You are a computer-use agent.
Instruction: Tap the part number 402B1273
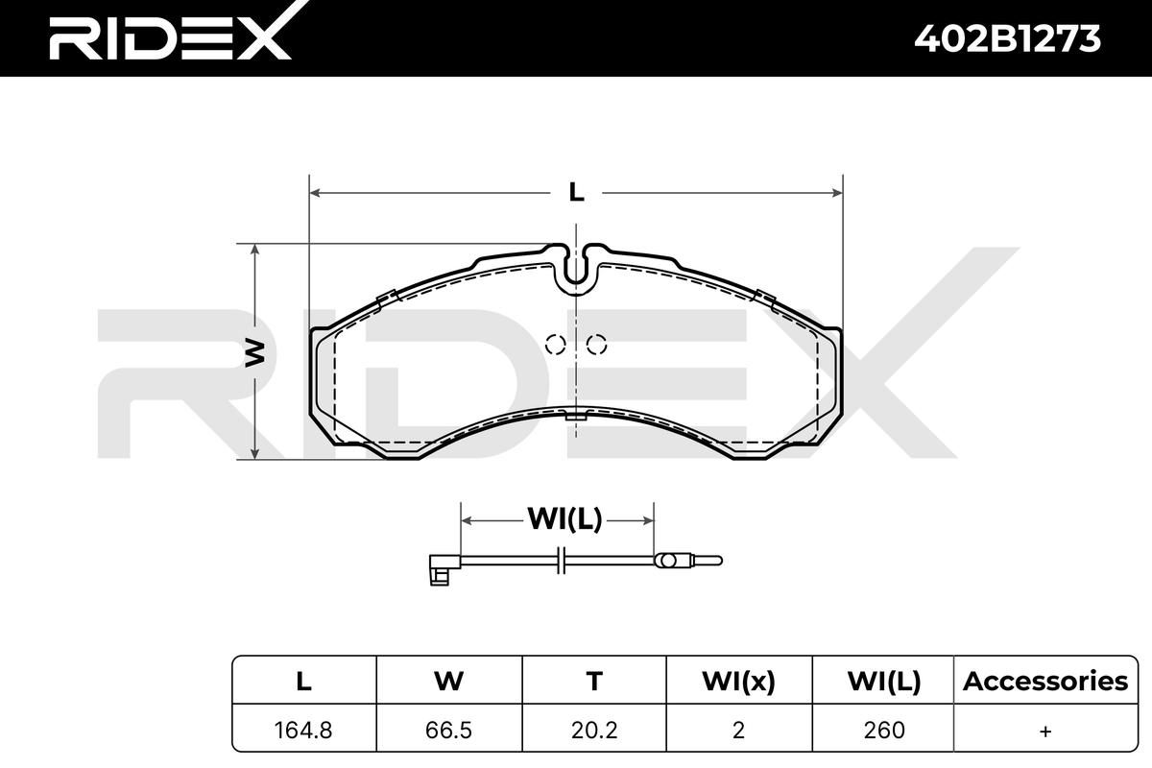pos(1007,39)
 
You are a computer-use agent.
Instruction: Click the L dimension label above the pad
pos(577,193)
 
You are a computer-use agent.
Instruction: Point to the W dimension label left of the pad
pos(255,352)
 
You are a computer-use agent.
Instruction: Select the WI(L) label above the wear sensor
pos(564,519)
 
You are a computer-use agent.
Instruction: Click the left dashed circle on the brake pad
pos(556,344)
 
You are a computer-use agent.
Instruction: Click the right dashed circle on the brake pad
pos(596,344)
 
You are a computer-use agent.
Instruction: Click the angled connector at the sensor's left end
pos(444,568)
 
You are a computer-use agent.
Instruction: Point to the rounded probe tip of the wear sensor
pos(708,561)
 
